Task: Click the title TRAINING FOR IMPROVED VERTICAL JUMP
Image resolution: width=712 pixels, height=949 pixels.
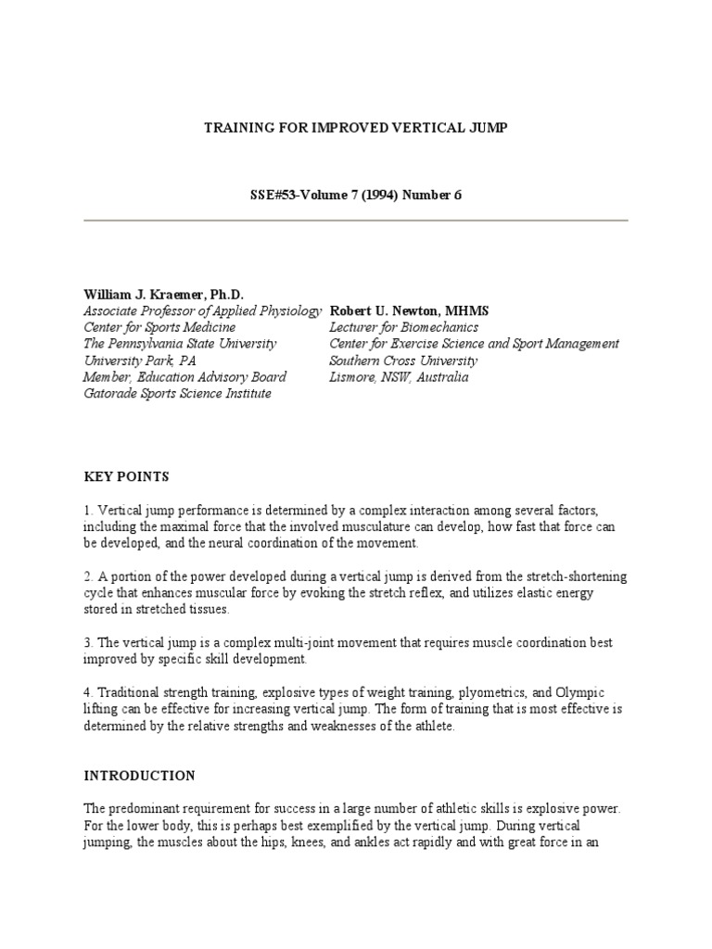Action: coord(356,127)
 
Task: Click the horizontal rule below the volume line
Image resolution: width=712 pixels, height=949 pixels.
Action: coord(356,220)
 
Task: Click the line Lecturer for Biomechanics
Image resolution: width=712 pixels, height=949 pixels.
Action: coord(403,327)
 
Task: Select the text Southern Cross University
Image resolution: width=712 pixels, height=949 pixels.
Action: coord(403,361)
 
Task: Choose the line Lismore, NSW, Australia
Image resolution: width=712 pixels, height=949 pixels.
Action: coord(399,377)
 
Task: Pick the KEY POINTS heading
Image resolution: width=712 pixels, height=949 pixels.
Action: coord(126,477)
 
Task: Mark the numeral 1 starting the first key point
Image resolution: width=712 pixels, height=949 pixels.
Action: coord(87,510)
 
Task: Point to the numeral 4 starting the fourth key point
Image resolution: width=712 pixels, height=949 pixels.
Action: coord(87,693)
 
